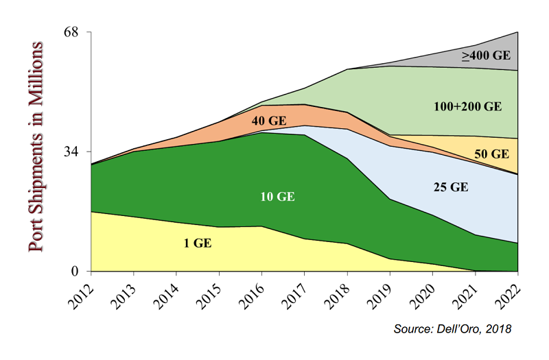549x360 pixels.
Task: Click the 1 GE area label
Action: [197, 243]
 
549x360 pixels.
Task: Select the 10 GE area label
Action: [277, 197]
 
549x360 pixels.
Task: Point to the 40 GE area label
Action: [268, 121]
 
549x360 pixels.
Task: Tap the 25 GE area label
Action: [450, 187]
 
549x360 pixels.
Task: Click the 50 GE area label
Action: [491, 154]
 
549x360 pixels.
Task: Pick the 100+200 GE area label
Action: [468, 107]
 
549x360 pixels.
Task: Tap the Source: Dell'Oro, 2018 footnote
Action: [453, 329]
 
